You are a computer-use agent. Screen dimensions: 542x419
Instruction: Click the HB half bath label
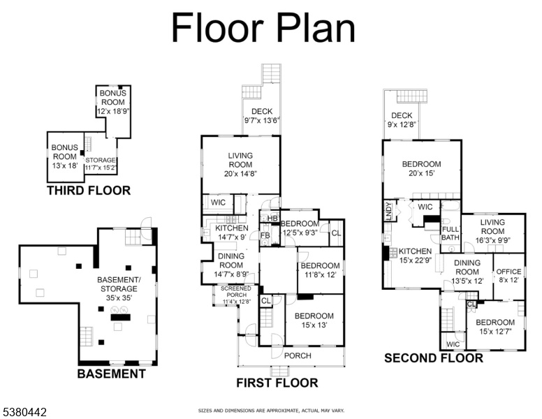[272, 219]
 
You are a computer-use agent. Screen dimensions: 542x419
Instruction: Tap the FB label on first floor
[265, 235]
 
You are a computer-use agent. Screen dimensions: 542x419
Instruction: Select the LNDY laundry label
[388, 211]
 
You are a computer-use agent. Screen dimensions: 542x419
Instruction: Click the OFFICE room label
[508, 272]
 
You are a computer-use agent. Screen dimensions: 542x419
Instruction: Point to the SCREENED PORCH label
[237, 291]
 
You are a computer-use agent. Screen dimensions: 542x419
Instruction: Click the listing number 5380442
[25, 412]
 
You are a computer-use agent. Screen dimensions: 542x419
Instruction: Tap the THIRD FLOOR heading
[89, 191]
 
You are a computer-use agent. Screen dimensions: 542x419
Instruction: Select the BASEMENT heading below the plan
[111, 374]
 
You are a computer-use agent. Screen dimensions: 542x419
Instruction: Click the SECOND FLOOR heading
[434, 358]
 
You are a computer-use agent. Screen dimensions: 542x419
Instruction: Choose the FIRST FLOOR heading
[277, 383]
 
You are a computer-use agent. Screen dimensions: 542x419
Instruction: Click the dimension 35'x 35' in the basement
[119, 297]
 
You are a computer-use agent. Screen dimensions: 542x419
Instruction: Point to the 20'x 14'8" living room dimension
[240, 174]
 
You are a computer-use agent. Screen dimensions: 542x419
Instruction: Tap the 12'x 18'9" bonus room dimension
[113, 111]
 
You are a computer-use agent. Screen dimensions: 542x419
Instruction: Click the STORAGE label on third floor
[101, 160]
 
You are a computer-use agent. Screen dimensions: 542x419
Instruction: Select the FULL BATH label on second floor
[451, 233]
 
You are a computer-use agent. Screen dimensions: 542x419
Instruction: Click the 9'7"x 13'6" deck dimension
[262, 120]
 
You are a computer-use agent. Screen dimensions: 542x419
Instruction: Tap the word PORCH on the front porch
[298, 355]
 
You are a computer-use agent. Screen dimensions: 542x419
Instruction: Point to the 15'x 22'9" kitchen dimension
[415, 260]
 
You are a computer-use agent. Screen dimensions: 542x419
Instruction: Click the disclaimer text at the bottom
[271, 411]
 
